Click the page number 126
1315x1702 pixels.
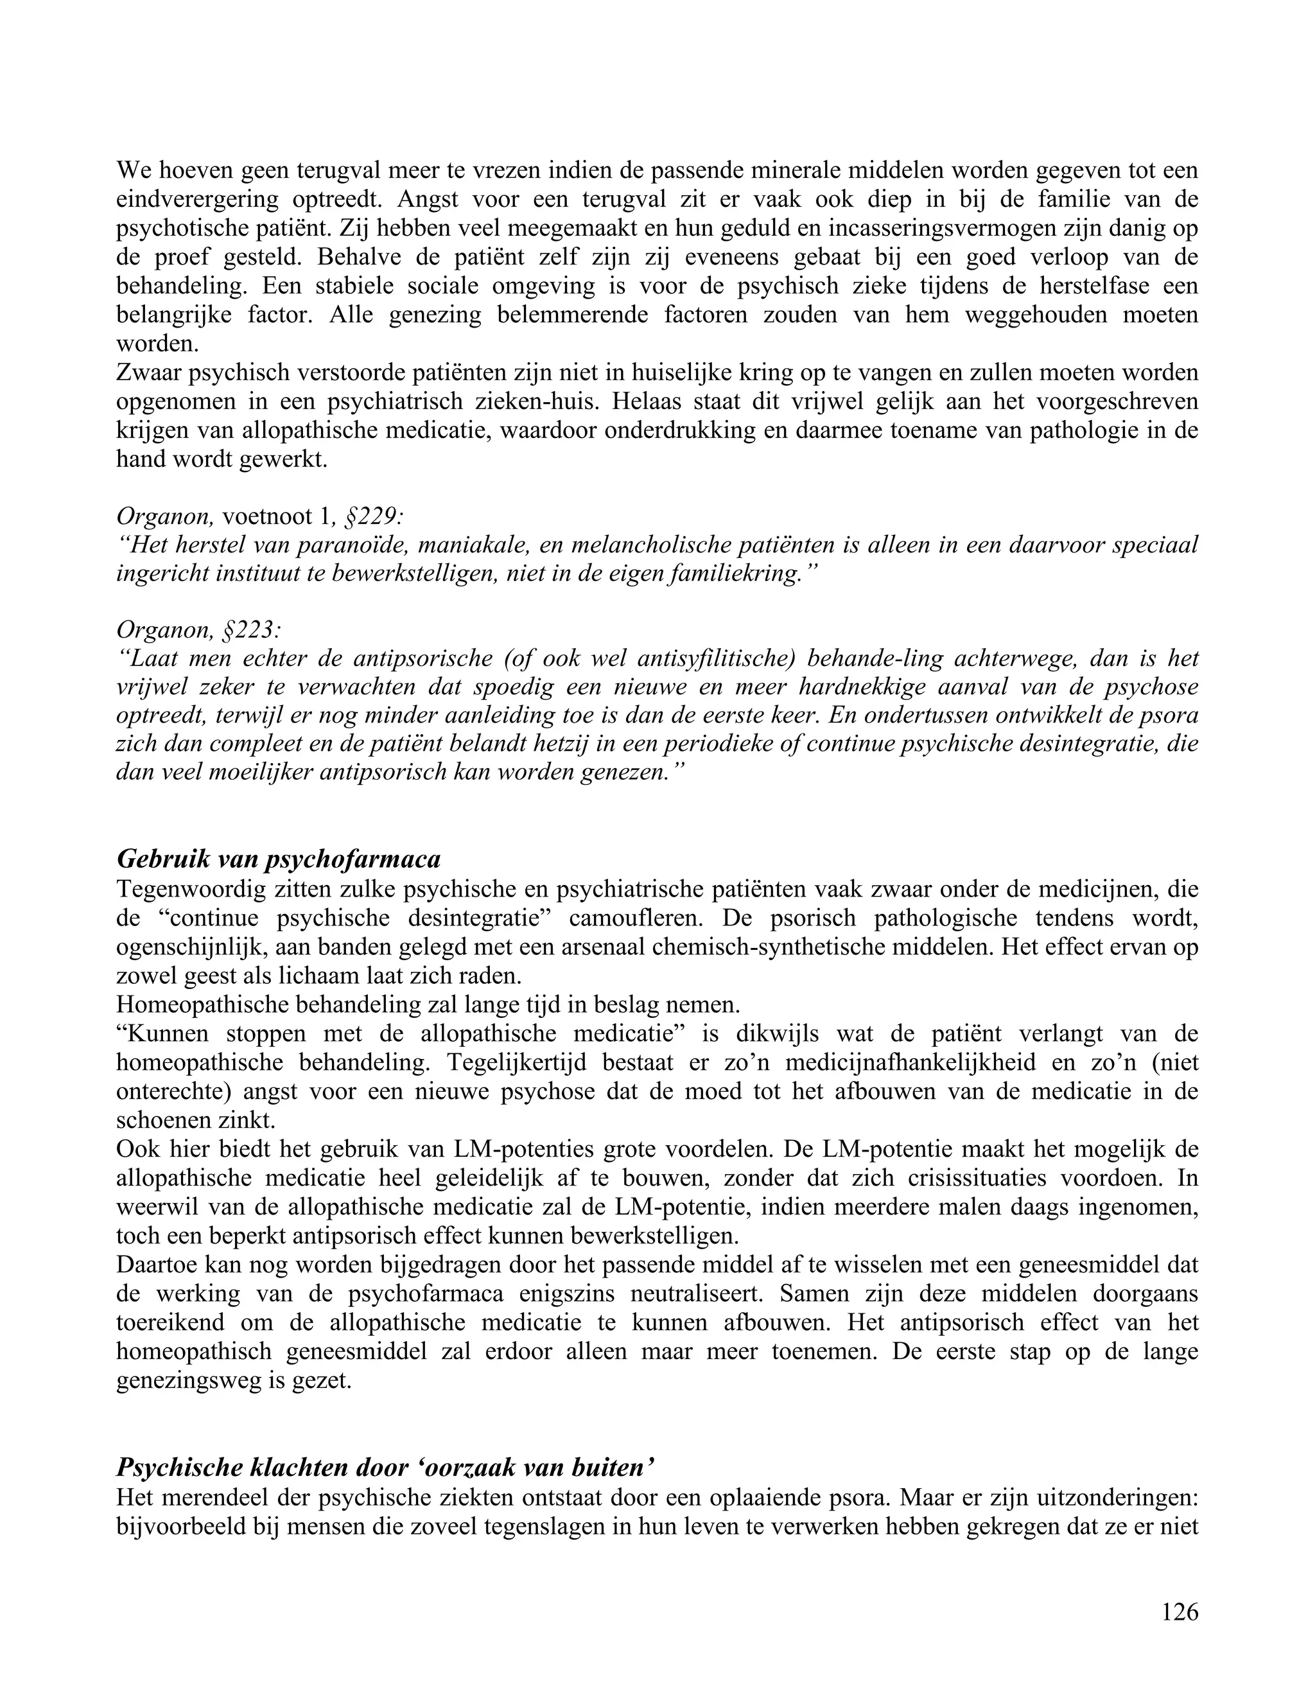1180,1611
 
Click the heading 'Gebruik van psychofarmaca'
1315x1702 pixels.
278,859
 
